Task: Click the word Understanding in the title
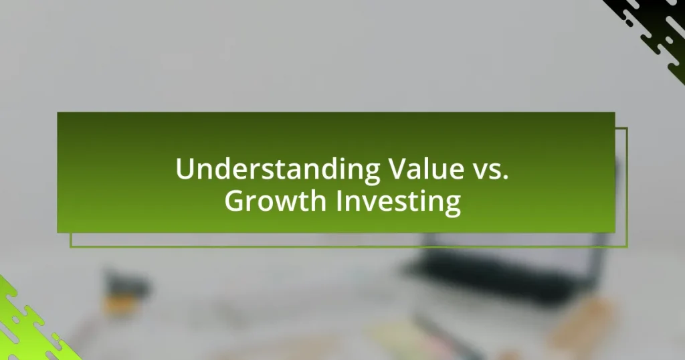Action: tap(278, 169)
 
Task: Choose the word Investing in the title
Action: tap(399, 203)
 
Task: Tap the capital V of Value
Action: tap(399, 169)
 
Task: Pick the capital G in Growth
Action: tap(235, 201)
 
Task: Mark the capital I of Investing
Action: tap(339, 201)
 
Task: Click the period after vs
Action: tap(506, 177)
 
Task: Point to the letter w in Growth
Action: tap(288, 203)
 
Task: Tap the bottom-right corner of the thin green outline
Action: tap(627, 248)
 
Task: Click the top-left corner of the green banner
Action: tap(58, 112)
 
